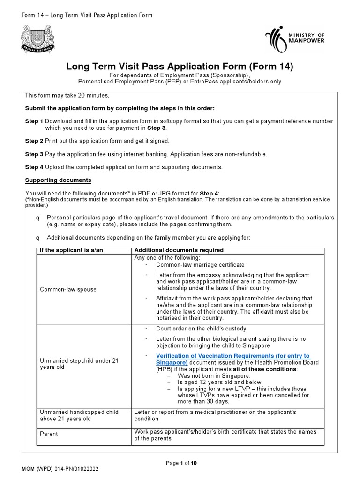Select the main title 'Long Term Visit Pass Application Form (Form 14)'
[x=180, y=67]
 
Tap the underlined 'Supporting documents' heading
[x=58, y=180]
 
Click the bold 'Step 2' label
[x=34, y=141]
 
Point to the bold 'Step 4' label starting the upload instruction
[x=34, y=167]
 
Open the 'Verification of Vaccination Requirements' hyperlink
[x=233, y=359]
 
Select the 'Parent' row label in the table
[x=49, y=434]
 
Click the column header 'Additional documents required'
[x=179, y=250]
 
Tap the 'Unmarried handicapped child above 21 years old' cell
[x=79, y=415]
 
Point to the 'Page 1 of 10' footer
[x=181, y=463]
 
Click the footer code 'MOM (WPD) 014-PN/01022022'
[x=60, y=469]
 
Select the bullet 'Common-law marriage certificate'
[x=200, y=265]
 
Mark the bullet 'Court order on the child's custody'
[x=201, y=329]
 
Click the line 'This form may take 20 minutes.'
[x=67, y=95]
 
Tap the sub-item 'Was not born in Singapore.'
[x=214, y=376]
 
